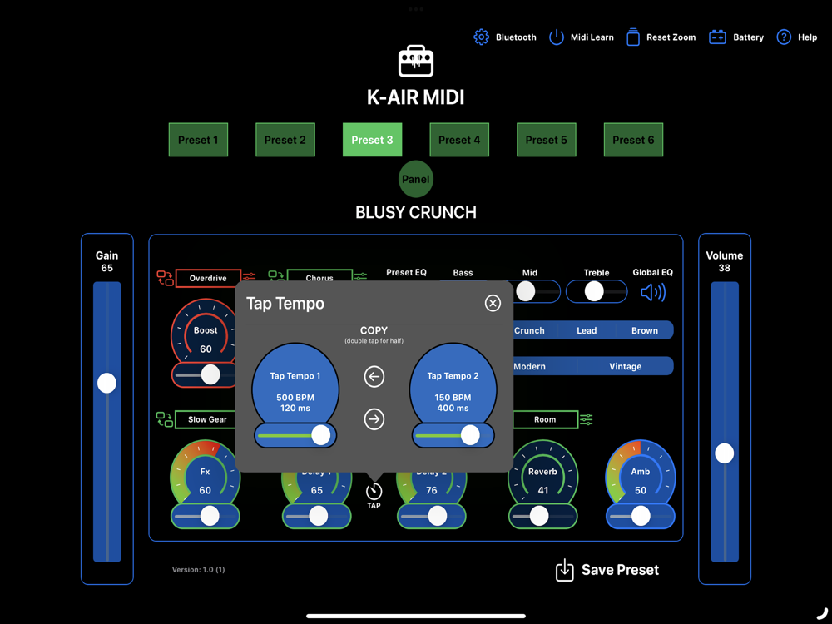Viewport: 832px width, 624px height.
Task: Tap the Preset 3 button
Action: tap(372, 140)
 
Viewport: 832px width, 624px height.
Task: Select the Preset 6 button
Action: tap(633, 140)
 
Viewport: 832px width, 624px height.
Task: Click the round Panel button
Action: tap(416, 179)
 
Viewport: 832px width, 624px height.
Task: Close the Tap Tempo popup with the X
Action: tap(493, 303)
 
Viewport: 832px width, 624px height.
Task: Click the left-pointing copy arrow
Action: tap(374, 377)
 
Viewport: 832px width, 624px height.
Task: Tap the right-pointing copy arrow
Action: tap(374, 419)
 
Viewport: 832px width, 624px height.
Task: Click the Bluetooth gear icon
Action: tap(481, 37)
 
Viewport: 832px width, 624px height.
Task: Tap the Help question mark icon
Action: tap(784, 37)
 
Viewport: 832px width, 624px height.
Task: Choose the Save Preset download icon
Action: tap(565, 570)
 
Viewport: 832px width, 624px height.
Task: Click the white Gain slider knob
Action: tap(106, 383)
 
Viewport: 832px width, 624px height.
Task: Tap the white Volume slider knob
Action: tap(725, 453)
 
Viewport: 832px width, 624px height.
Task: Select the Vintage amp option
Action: tap(625, 366)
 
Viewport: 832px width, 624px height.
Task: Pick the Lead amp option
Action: tap(587, 330)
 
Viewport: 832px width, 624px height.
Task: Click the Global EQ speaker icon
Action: tap(653, 292)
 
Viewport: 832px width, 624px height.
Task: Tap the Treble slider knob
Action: tap(593, 291)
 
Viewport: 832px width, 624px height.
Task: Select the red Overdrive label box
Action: tap(208, 278)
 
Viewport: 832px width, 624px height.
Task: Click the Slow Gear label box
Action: tap(207, 419)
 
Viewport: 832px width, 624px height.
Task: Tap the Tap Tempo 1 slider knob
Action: tap(321, 434)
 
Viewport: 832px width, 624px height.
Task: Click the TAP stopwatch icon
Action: tap(374, 491)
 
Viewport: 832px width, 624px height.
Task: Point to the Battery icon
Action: tap(717, 37)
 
